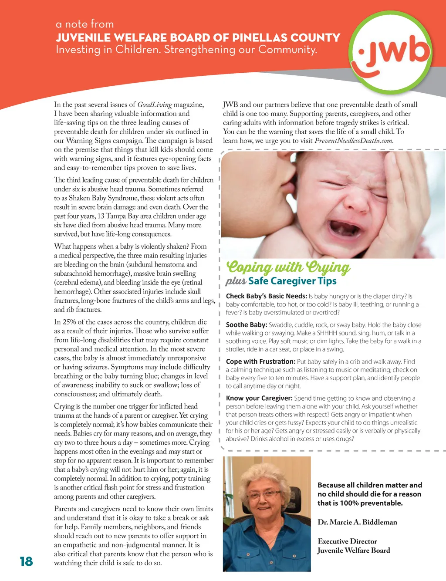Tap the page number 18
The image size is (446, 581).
[x=26, y=561]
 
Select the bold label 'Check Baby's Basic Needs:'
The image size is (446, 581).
[x=267, y=296]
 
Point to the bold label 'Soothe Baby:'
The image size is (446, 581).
[x=246, y=325]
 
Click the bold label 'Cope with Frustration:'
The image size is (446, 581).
[x=260, y=361]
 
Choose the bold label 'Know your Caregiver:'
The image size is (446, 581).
[x=259, y=398]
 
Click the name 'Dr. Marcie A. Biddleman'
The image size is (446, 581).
[x=357, y=522]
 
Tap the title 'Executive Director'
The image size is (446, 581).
[x=347, y=541]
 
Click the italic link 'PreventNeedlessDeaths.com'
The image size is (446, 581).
[x=354, y=141]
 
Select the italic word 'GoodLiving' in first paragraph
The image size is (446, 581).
[x=155, y=105]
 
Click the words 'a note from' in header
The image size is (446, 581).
[x=85, y=24]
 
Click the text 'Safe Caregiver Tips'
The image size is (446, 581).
[x=292, y=281]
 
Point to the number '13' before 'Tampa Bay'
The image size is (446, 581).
[x=101, y=216]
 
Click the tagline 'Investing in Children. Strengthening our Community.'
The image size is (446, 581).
[x=186, y=50]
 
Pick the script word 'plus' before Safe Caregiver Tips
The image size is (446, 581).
[x=236, y=281]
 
